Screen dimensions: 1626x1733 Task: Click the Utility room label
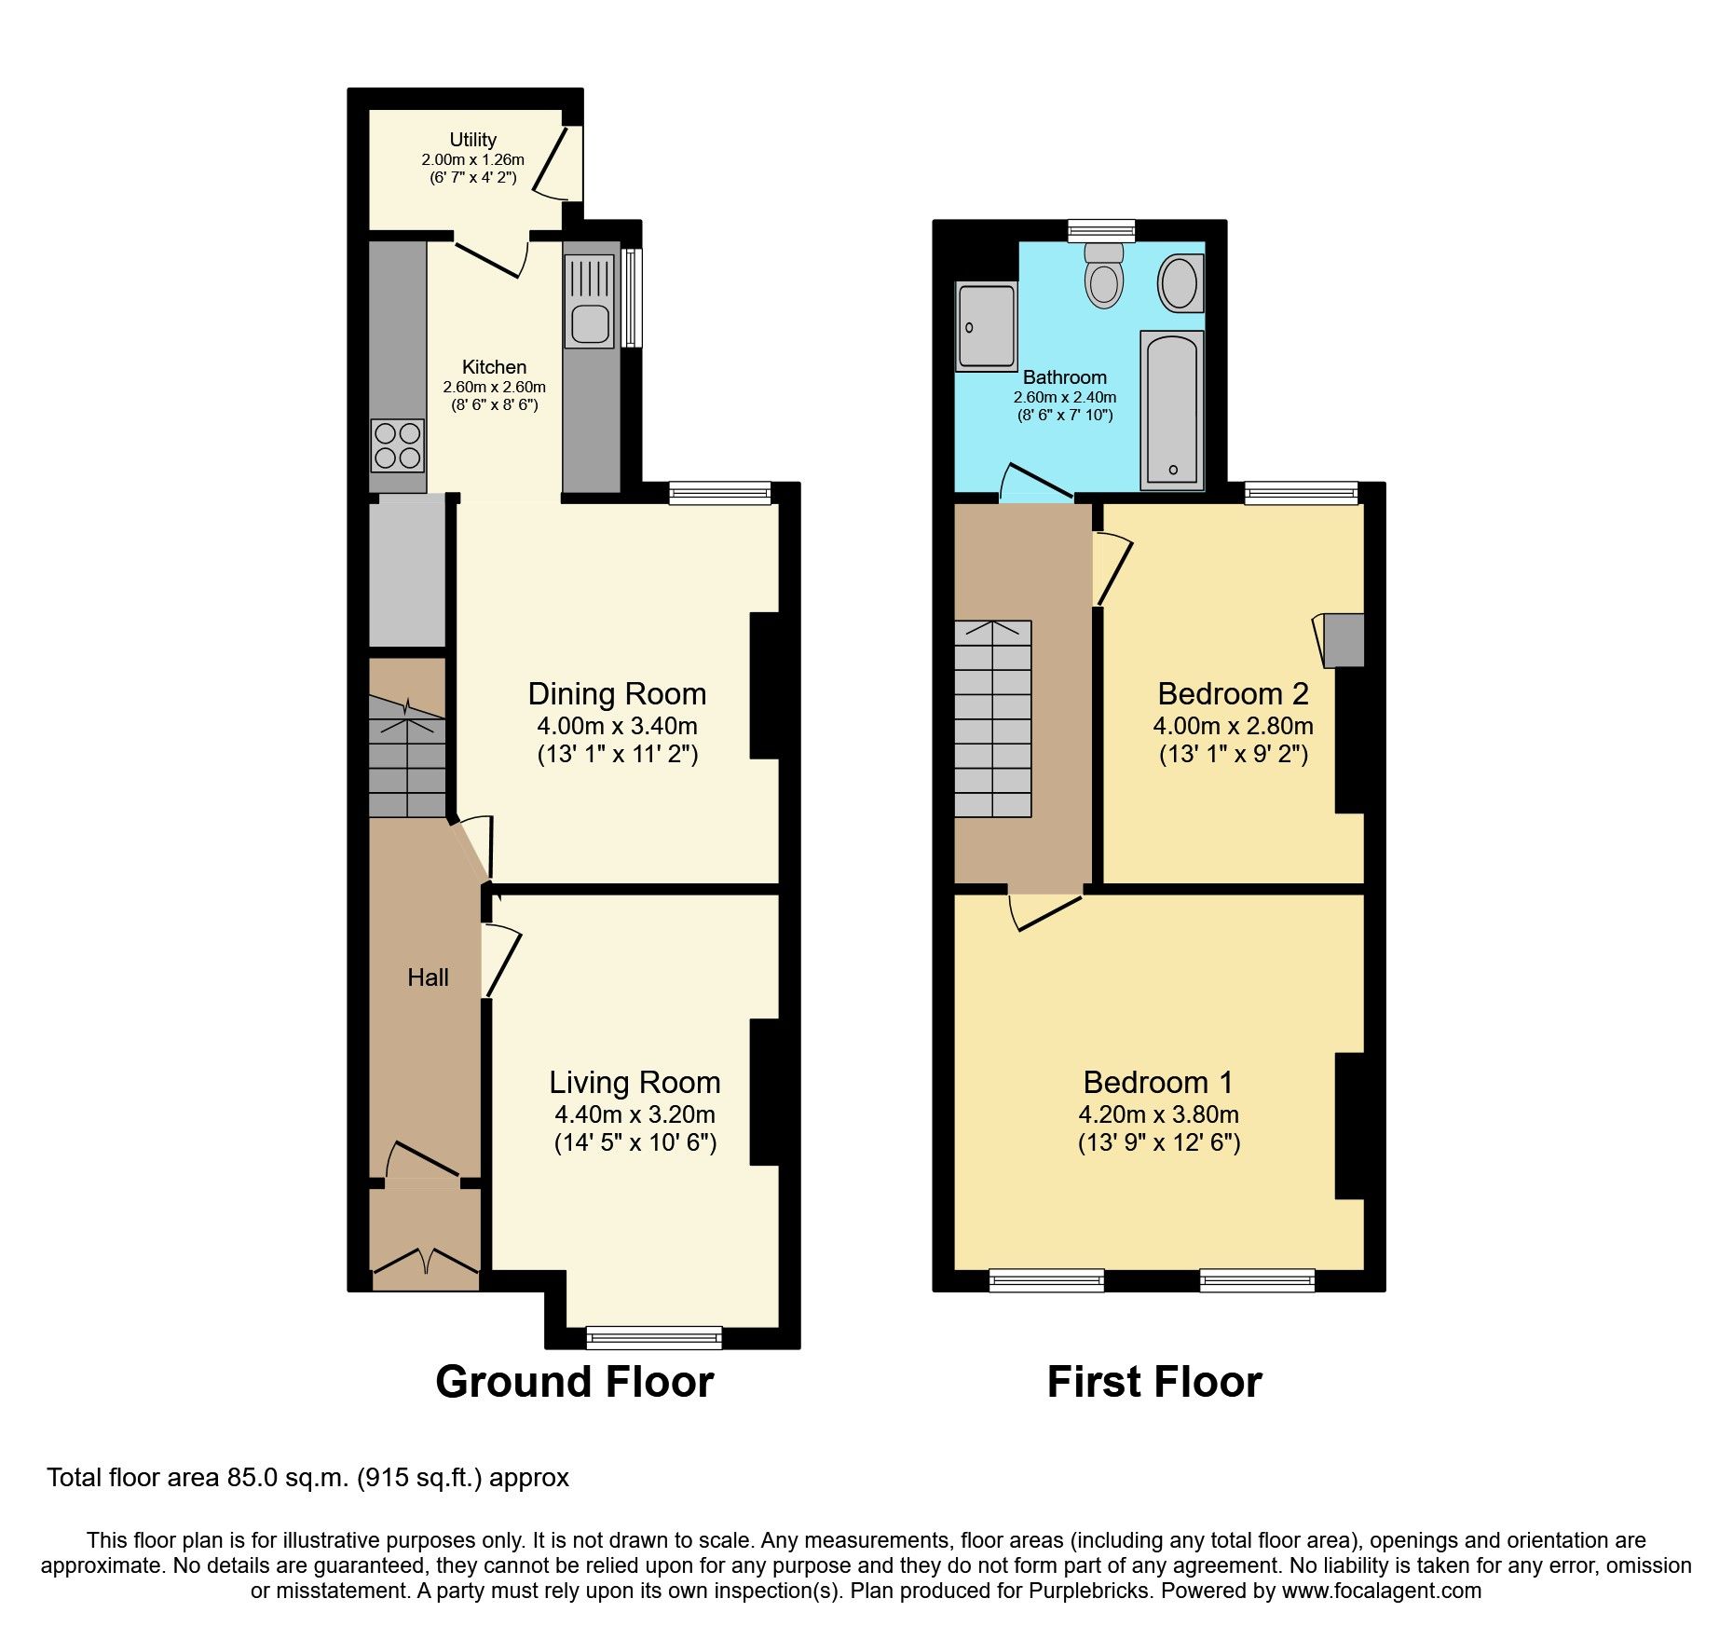click(x=472, y=140)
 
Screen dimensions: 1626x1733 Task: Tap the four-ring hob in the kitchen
click(x=397, y=446)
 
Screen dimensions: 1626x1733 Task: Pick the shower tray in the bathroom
click(x=987, y=327)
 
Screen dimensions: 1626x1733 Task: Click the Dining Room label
click(x=617, y=694)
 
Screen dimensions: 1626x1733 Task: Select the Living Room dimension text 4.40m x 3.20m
click(x=635, y=1114)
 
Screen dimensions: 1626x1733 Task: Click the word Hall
click(x=428, y=977)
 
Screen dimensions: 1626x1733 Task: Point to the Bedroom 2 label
click(x=1233, y=694)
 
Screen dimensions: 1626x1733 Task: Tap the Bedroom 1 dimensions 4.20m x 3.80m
click(x=1158, y=1114)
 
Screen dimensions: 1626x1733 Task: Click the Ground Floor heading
click(x=574, y=1382)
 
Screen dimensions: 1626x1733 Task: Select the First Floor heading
click(x=1154, y=1382)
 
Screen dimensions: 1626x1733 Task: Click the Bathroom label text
click(x=1064, y=377)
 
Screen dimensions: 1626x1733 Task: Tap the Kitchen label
click(x=494, y=367)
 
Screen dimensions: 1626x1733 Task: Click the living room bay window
click(x=654, y=1338)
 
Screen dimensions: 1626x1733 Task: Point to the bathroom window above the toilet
click(x=1101, y=230)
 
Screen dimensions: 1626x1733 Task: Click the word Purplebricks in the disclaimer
click(x=1088, y=1591)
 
